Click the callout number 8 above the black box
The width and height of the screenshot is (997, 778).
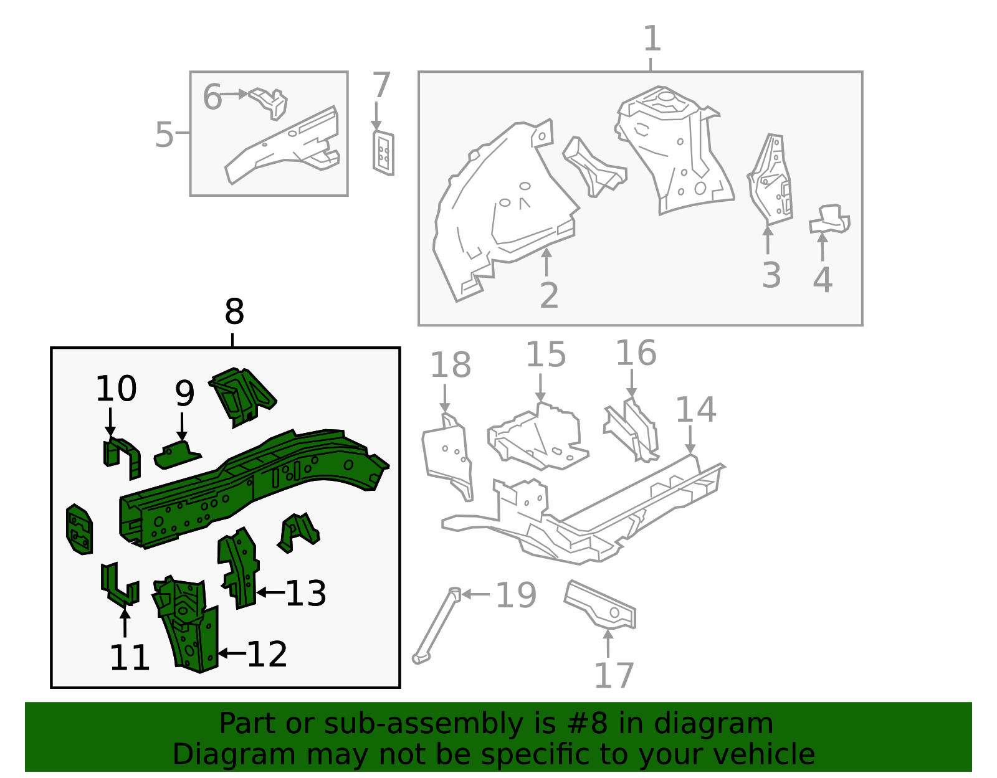pos(234,312)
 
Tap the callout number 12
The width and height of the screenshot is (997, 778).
pos(267,654)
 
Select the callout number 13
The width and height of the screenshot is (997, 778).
pos(305,594)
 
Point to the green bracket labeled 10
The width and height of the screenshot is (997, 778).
pos(122,457)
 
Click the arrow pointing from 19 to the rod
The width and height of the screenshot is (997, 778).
pos(475,594)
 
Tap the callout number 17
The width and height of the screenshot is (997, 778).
pos(614,675)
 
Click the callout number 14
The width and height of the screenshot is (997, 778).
pos(695,410)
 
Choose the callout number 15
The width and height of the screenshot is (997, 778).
pos(546,355)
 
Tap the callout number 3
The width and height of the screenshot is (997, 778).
pos(771,275)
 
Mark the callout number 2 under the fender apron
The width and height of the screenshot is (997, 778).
pos(548,295)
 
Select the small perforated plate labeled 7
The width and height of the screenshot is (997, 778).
pos(383,153)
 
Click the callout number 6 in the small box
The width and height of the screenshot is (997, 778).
pos(212,98)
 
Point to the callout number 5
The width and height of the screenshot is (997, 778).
pos(164,135)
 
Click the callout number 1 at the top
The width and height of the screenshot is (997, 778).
pos(652,39)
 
